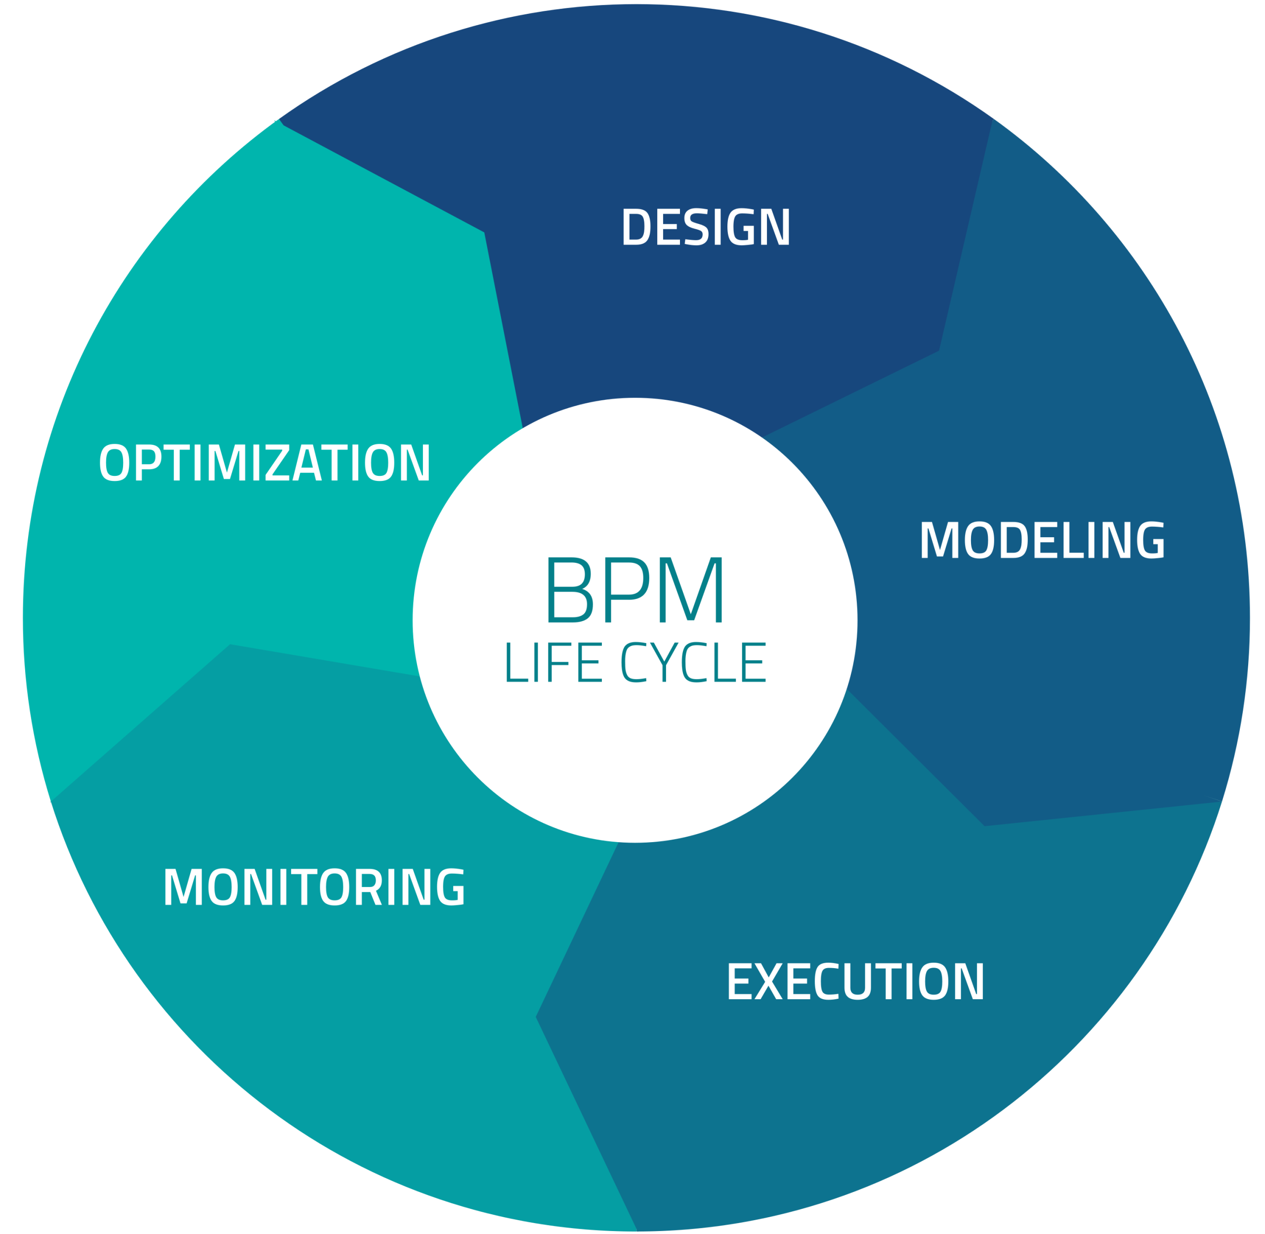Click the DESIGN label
[x=706, y=227]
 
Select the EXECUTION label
[x=855, y=981]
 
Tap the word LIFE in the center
[x=553, y=662]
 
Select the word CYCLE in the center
[x=693, y=662]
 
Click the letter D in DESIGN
[x=636, y=227]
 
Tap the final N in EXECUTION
[x=968, y=981]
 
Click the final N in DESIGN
[x=774, y=227]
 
